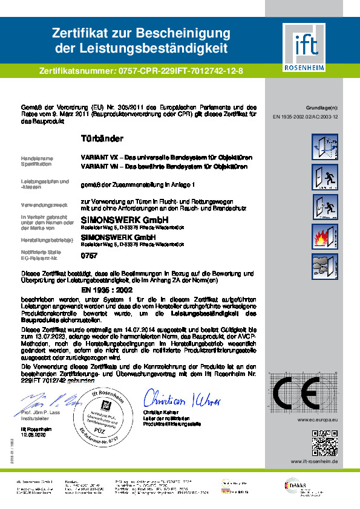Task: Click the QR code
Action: (x=324, y=441)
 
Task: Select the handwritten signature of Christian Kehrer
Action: (x=182, y=400)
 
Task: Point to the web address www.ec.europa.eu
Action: (x=318, y=418)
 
